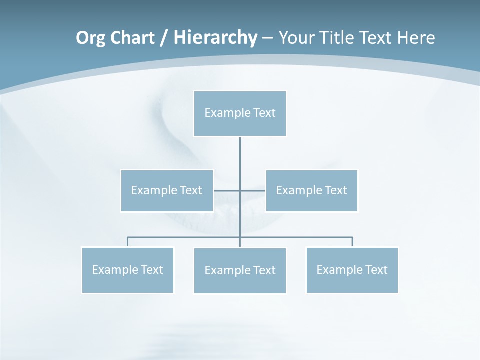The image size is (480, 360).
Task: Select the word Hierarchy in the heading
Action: [215, 38]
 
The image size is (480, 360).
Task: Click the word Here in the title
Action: [416, 38]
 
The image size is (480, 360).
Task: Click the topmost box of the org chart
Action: [240, 113]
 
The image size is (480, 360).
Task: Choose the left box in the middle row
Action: [167, 190]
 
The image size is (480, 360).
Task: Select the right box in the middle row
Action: [311, 190]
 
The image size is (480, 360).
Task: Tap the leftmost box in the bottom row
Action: [127, 270]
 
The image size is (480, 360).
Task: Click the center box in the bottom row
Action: [240, 270]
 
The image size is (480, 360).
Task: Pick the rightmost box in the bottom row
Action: [352, 270]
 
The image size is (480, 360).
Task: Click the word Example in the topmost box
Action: [227, 113]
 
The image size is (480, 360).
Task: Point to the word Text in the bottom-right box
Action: [376, 270]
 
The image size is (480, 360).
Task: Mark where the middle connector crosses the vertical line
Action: [240, 190]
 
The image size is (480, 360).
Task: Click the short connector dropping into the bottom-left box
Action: [127, 242]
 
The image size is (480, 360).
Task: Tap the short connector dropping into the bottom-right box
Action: [352, 242]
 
